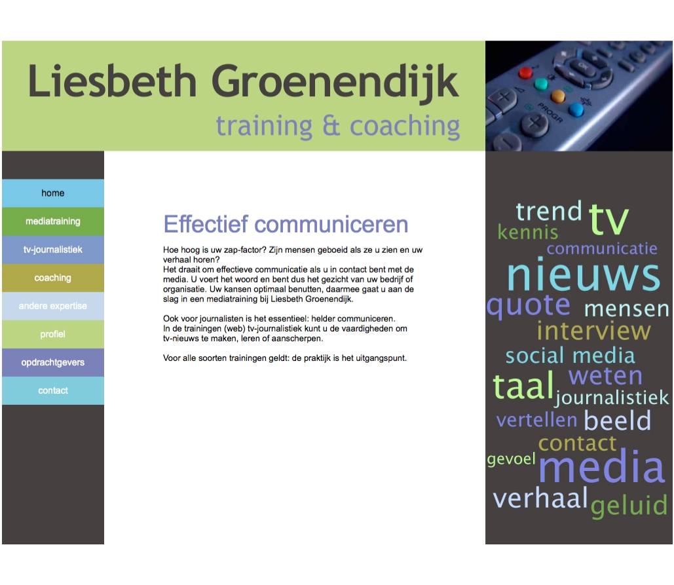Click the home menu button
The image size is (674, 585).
(53, 193)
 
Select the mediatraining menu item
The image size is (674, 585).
(53, 221)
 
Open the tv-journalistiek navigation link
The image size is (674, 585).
(53, 250)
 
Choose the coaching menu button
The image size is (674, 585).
(53, 278)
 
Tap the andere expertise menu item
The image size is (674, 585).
(53, 306)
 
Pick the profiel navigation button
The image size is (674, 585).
(53, 334)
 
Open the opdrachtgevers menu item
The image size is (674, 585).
(53, 362)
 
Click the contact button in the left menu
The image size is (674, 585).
(53, 390)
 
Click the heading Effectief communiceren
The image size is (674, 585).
(286, 225)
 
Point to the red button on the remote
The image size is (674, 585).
(525, 72)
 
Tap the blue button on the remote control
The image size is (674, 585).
(576, 110)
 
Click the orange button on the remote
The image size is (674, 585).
(558, 96)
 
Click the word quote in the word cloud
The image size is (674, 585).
(529, 306)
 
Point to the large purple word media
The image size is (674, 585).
(602, 466)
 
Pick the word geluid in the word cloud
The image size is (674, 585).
(629, 506)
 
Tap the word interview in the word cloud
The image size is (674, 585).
(593, 331)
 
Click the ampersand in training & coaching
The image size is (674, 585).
(331, 125)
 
